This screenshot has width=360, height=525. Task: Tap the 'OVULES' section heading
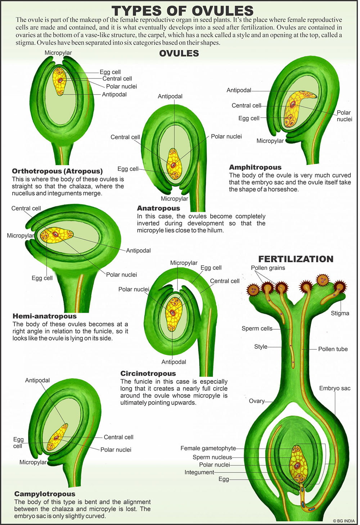(179, 53)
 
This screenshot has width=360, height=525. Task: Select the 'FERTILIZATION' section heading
(296, 259)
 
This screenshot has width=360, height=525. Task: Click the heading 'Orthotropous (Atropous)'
(57, 171)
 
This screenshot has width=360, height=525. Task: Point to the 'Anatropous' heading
(158, 208)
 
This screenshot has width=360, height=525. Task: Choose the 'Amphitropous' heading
(255, 167)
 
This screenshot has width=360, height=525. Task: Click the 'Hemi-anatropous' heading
(45, 316)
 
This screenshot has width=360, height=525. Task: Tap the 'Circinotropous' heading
(148, 373)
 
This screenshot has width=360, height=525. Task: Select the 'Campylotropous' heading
(45, 494)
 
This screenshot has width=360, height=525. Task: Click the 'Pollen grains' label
(268, 268)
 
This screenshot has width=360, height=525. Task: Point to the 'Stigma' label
(340, 313)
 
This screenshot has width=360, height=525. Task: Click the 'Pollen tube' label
(333, 349)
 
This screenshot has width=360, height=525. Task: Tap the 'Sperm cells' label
(257, 328)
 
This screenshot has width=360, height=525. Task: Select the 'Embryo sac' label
(334, 388)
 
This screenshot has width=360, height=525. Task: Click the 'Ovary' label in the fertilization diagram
(256, 401)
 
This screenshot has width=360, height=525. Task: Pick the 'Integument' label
(199, 472)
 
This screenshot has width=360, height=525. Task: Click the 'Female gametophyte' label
(208, 448)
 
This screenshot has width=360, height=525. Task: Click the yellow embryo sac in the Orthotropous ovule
(60, 81)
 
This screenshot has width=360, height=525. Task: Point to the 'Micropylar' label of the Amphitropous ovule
(270, 141)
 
